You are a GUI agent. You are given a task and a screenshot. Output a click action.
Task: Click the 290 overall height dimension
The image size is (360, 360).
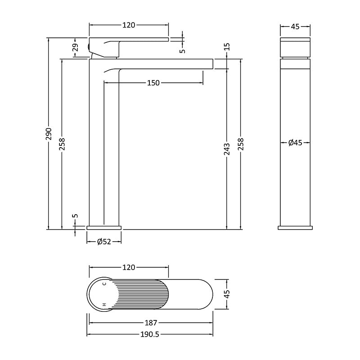pos(49,134)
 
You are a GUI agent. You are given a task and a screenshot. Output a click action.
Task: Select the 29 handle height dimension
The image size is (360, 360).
pos(75,47)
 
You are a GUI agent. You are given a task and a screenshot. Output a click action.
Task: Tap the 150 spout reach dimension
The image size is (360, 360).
pos(153,83)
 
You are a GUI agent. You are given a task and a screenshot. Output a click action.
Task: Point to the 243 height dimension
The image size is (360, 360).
pos(227,149)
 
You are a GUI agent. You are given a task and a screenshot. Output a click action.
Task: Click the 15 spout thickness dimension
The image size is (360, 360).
pos(227,47)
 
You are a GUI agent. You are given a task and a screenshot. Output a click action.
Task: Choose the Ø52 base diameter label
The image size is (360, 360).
pos(104,242)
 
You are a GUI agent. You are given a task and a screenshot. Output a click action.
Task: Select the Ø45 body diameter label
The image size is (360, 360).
pos(295,143)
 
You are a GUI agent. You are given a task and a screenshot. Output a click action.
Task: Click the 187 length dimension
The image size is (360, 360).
pos(151,323)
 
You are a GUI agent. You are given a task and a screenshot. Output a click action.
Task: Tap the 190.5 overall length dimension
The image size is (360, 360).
pos(150,334)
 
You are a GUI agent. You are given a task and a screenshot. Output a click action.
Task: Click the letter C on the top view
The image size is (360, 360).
pos(104,284)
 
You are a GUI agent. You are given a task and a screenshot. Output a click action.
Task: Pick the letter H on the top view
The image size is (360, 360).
pos(104,305)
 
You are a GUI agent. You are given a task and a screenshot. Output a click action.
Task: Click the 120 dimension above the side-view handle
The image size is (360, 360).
pos(129,25)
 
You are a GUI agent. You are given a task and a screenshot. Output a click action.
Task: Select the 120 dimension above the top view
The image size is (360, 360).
pos(129,267)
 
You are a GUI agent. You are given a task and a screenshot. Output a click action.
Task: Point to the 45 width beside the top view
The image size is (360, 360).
pos(227,294)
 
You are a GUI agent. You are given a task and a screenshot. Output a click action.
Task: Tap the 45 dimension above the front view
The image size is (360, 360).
pos(295,27)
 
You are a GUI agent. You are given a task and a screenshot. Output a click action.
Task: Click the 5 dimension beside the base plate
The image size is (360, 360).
pos(75,216)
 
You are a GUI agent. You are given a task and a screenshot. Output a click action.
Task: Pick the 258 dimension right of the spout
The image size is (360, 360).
pos(241,144)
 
